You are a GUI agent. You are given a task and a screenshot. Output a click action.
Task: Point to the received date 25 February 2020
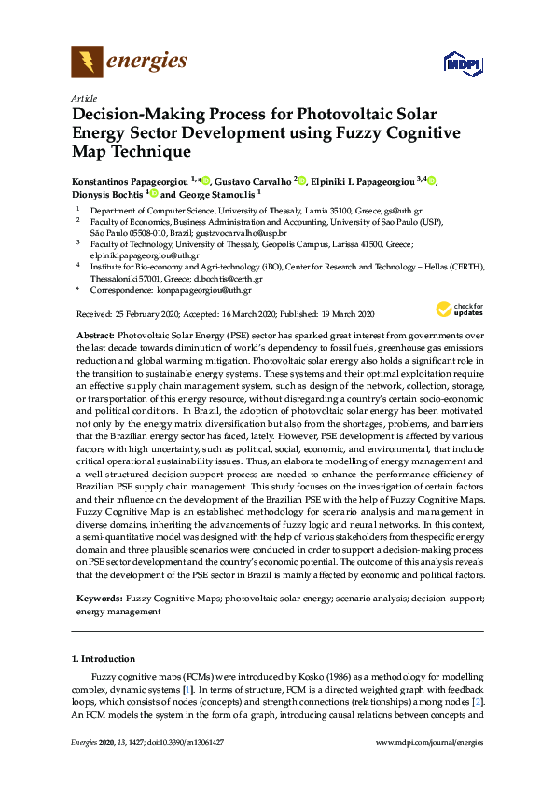(158, 315)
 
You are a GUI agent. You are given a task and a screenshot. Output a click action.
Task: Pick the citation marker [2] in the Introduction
(477, 701)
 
